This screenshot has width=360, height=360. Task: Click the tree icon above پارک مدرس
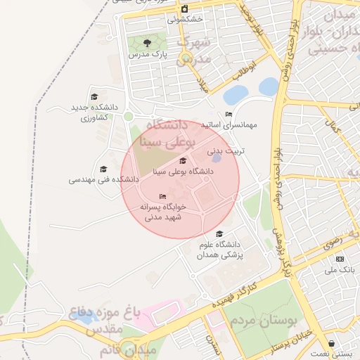[x=146, y=43]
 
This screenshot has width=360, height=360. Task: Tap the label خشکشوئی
[x=185, y=20]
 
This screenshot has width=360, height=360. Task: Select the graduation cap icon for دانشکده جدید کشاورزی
[x=94, y=97]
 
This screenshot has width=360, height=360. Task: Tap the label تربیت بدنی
[x=224, y=150]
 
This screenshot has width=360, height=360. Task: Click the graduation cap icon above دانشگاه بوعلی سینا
[x=184, y=161]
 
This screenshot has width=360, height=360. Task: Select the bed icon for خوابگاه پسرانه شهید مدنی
[x=162, y=197]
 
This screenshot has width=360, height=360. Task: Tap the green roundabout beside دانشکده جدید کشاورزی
[x=128, y=116]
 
